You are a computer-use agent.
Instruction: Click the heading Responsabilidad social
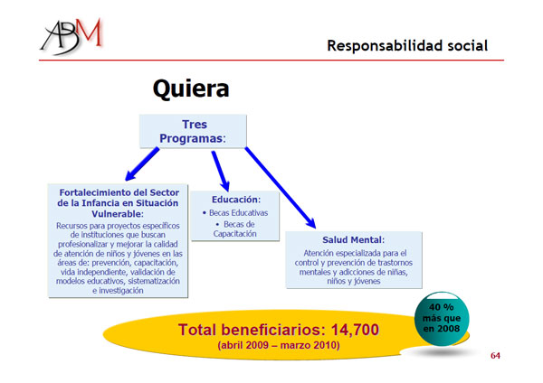tap(407, 46)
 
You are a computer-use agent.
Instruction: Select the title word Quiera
tap(191, 89)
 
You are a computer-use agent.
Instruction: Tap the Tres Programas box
tap(194, 131)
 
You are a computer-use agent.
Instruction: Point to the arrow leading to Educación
tap(221, 171)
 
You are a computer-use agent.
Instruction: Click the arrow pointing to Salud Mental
tap(281, 188)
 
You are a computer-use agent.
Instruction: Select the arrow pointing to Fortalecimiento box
tap(142, 164)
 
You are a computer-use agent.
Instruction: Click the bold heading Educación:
tap(236, 200)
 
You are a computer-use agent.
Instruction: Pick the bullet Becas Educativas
tap(235, 213)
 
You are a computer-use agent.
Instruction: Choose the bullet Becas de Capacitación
tap(235, 229)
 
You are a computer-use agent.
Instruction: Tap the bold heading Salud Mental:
tap(353, 240)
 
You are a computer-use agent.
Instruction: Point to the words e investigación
tap(118, 291)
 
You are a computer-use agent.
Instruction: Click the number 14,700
tap(355, 330)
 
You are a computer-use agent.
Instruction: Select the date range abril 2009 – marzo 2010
tap(279, 345)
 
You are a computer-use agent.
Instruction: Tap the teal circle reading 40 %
tap(442, 319)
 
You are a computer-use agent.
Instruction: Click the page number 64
tap(495, 355)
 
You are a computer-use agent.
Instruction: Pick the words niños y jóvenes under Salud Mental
tap(354, 281)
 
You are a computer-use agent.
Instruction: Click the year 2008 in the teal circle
tap(448, 329)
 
